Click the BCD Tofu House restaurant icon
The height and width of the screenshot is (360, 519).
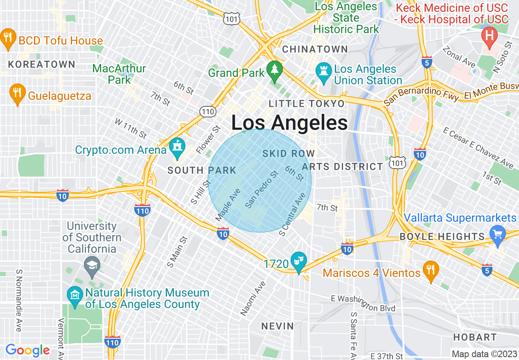click(x=8, y=38)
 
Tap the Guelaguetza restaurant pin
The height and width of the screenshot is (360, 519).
click(x=17, y=93)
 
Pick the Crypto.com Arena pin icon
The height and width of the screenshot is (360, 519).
click(x=178, y=148)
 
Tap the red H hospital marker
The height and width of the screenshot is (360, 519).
click(x=489, y=35)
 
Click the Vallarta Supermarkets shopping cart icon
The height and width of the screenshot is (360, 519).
click(x=498, y=235)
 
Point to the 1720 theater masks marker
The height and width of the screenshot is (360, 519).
click(x=299, y=261)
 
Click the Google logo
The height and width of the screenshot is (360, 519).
click(x=27, y=350)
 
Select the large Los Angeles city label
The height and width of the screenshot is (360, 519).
click(x=289, y=123)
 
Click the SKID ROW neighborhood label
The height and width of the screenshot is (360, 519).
click(x=289, y=154)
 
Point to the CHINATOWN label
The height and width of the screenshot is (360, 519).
click(x=315, y=49)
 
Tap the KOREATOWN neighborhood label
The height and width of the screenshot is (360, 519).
click(x=42, y=64)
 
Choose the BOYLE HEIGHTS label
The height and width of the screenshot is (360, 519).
click(x=442, y=236)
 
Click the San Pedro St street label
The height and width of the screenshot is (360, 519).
click(x=262, y=189)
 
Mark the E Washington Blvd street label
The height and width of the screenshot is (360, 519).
click(x=363, y=303)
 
